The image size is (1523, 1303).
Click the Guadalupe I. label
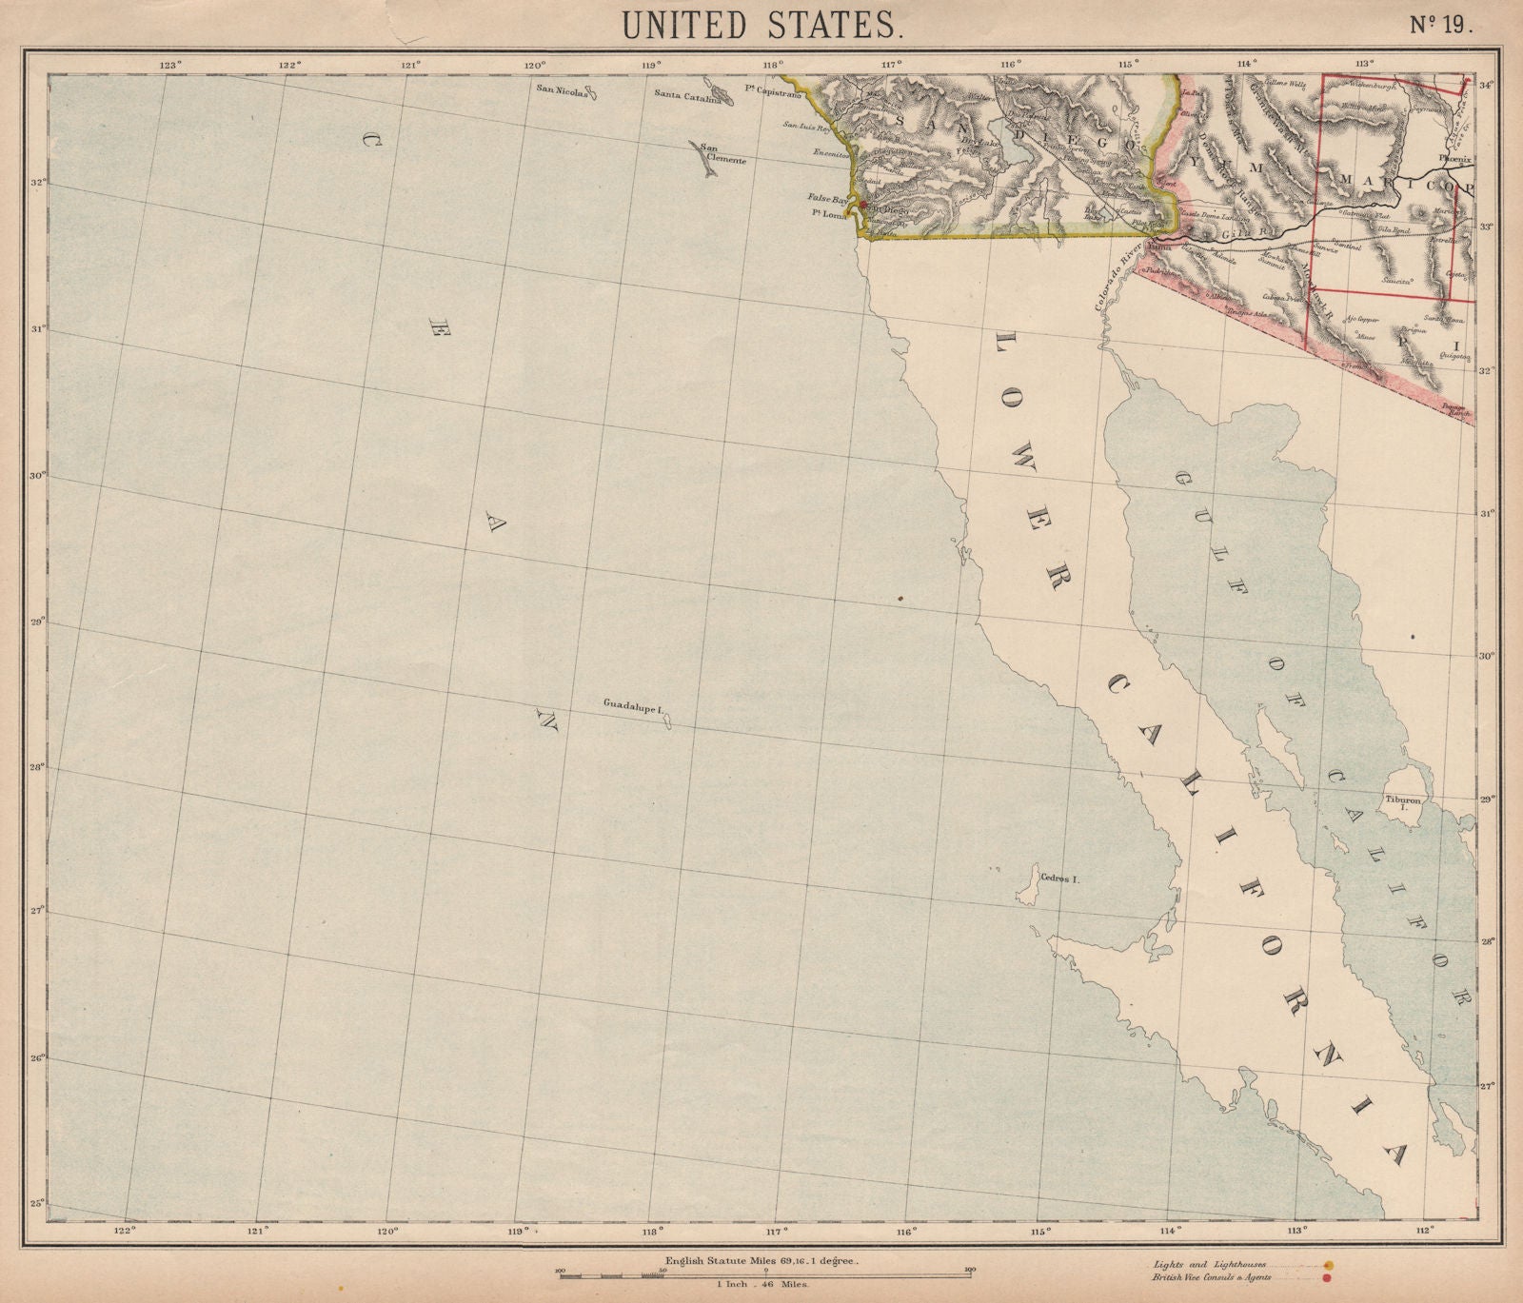[x=632, y=704]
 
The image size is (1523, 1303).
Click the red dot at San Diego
[x=861, y=205]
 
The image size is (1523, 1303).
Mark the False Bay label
[x=826, y=200]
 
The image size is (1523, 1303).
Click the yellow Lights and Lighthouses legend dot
[x=1329, y=1265]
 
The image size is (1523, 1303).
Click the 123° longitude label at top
[x=170, y=65]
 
